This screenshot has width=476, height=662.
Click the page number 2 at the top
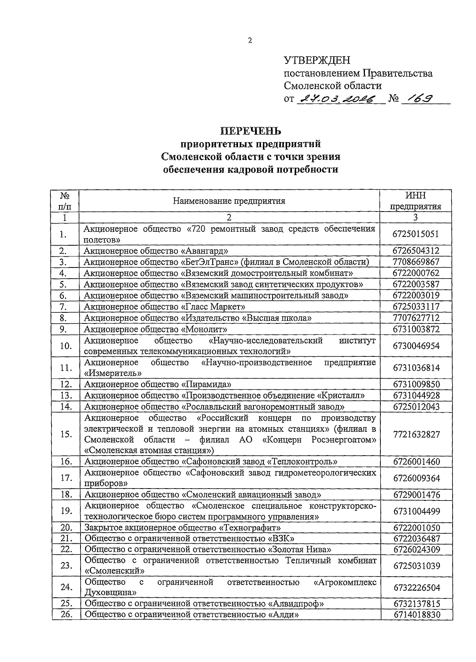(250, 40)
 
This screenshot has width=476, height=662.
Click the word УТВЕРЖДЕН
(317, 61)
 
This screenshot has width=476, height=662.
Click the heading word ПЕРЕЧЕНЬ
(251, 131)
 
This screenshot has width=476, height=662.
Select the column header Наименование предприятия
(229, 201)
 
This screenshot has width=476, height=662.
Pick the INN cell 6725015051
(416, 234)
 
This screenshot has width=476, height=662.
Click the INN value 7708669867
(416, 262)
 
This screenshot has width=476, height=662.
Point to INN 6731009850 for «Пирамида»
(416, 385)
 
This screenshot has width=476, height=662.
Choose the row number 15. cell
(65, 434)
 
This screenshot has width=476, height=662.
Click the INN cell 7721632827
(416, 434)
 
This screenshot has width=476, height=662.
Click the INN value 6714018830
(416, 615)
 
